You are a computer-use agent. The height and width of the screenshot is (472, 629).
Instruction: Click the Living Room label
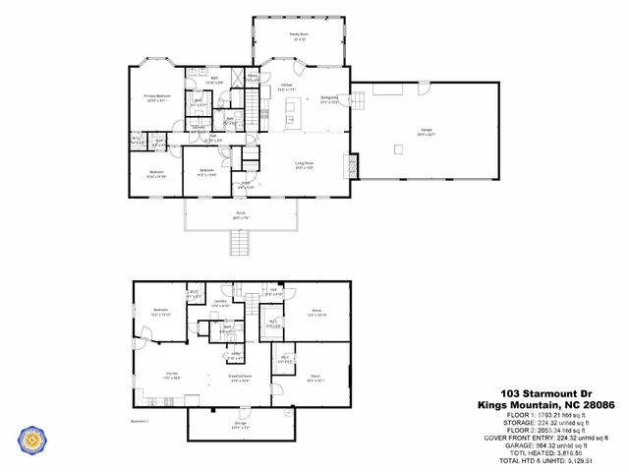(x=303, y=163)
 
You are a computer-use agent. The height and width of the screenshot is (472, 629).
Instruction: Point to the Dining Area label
(x=330, y=98)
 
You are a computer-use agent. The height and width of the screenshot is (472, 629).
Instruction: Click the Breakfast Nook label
(x=240, y=377)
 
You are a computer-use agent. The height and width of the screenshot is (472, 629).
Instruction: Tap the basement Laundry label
(x=220, y=305)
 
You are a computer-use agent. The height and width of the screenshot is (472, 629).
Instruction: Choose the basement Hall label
(x=273, y=290)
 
